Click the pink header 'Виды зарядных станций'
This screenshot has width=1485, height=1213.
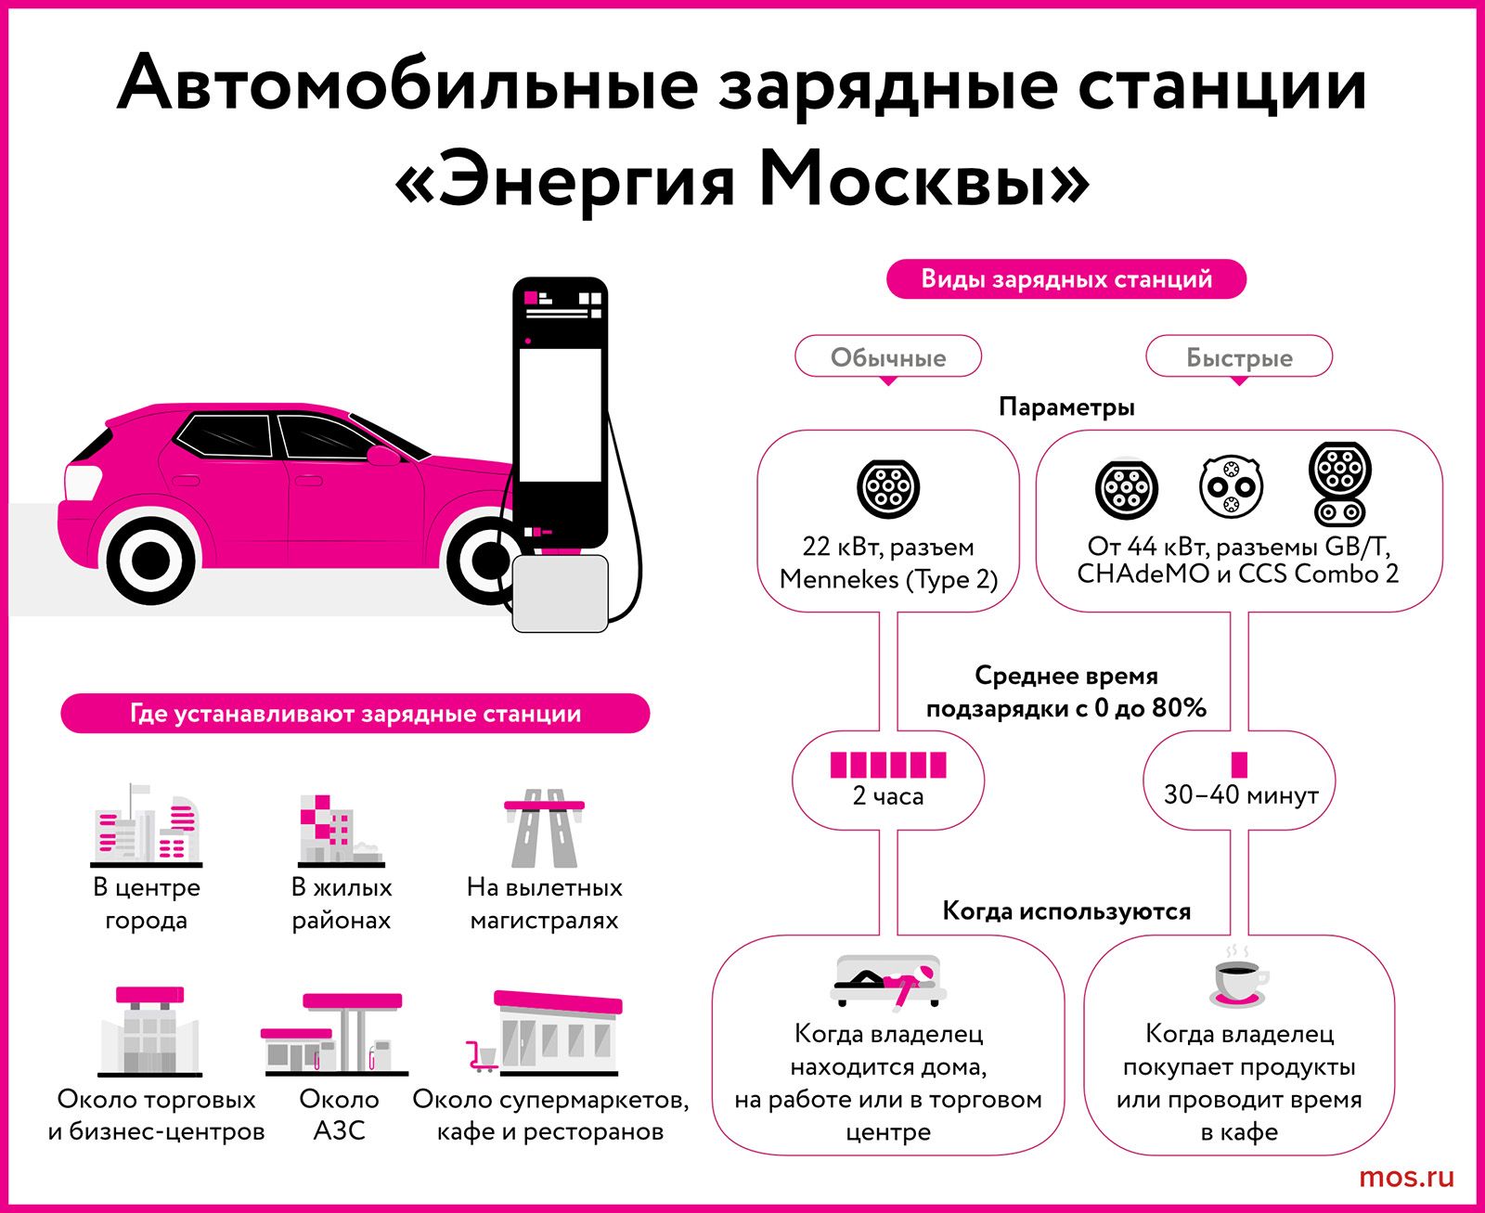(x=1066, y=279)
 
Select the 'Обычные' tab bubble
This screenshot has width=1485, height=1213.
(x=888, y=357)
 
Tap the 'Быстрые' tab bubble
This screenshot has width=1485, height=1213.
(x=1239, y=357)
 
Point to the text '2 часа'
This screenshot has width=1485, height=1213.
(x=888, y=796)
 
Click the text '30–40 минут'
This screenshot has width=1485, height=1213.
(x=1241, y=795)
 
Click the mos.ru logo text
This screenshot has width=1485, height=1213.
(x=1406, y=1178)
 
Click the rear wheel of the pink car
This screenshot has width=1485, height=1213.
(x=150, y=558)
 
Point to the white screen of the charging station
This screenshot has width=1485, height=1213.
(x=560, y=415)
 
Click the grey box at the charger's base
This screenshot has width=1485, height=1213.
(x=560, y=594)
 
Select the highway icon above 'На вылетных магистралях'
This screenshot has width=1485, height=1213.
(x=545, y=828)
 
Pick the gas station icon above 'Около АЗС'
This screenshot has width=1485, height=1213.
(x=334, y=1034)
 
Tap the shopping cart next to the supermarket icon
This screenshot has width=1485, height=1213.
(x=482, y=1056)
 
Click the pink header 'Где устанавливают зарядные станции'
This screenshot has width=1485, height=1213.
(x=355, y=714)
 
